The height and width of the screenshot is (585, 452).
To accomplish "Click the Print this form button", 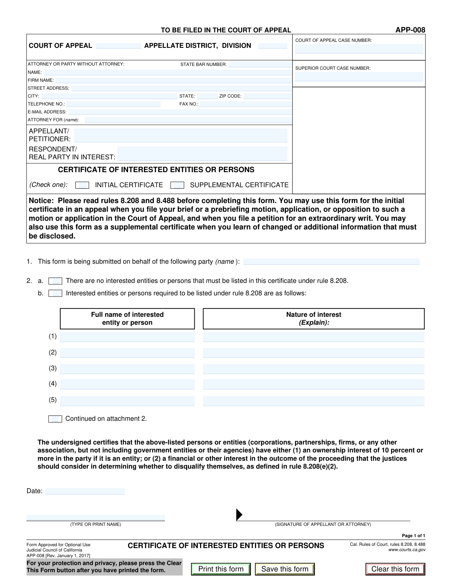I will click(x=221, y=569).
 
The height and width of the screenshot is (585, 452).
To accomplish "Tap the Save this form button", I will click(x=285, y=569).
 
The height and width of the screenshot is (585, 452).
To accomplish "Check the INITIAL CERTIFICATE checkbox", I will click(x=82, y=185).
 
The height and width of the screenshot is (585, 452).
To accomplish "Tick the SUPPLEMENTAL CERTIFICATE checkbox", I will click(x=177, y=185).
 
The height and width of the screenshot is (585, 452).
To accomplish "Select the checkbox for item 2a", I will click(x=55, y=281).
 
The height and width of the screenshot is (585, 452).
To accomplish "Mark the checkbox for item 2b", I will click(x=55, y=293).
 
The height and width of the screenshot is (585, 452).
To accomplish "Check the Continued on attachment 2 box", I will click(x=55, y=419).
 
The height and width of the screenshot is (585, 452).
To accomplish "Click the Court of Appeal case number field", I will click(x=359, y=49).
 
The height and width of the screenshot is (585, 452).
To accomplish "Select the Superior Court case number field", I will click(x=359, y=76).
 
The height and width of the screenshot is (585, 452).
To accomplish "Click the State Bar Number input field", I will click(x=260, y=64).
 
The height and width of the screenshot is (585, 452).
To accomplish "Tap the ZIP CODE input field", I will click(x=267, y=96).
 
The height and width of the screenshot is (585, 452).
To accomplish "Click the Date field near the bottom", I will click(x=85, y=491).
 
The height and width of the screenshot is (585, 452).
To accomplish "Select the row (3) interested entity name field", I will click(x=127, y=369).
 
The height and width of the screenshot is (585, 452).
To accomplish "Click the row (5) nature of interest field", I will click(x=313, y=400).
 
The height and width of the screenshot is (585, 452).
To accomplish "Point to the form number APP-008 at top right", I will click(x=410, y=30).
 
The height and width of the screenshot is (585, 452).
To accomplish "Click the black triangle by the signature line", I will click(x=239, y=515).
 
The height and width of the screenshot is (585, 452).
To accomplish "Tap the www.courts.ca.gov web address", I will click(x=407, y=550).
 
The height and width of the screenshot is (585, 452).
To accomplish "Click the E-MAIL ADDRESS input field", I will click(x=180, y=112).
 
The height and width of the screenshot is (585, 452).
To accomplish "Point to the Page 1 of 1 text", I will click(x=413, y=536).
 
